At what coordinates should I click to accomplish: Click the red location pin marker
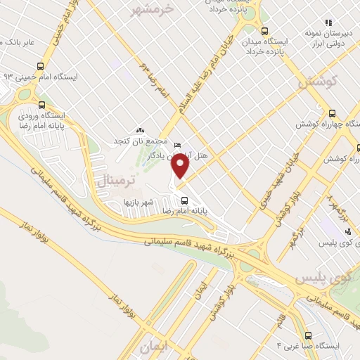(x=181, y=167)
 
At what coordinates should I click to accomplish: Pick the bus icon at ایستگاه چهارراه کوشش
(x=333, y=112)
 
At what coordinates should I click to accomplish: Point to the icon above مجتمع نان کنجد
(x=141, y=130)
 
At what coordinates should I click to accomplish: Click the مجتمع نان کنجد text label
(x=139, y=141)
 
